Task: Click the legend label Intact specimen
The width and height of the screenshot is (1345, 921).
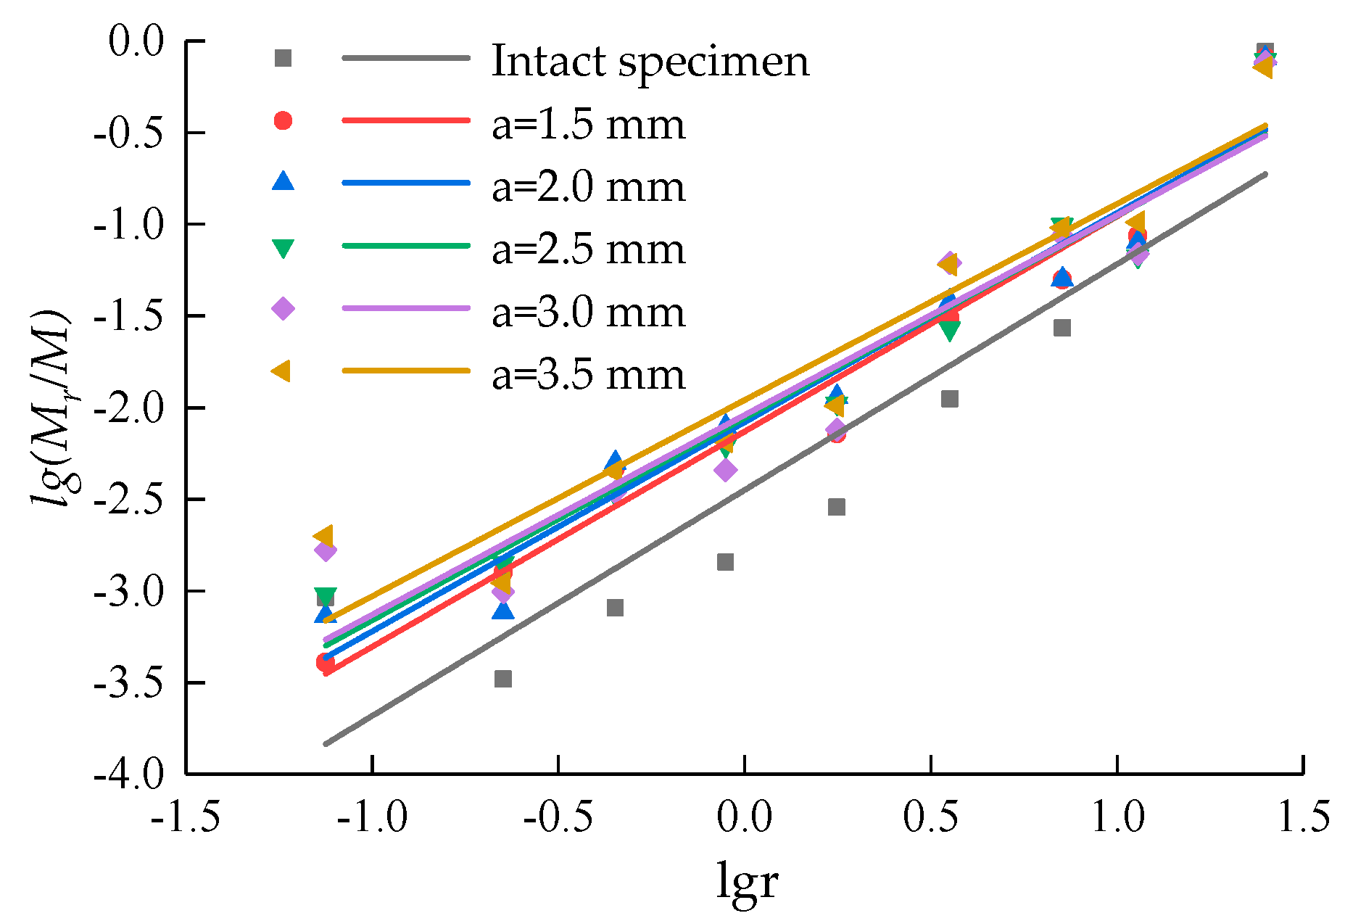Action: click(650, 61)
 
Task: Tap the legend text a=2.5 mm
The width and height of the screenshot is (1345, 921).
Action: click(588, 249)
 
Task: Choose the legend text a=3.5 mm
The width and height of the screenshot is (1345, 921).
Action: click(588, 374)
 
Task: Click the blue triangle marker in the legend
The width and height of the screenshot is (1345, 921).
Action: click(283, 181)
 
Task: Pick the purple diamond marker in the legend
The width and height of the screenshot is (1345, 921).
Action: click(283, 308)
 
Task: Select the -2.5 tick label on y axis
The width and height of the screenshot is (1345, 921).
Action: click(129, 499)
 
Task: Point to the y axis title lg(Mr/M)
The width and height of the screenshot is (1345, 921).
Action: click(51, 407)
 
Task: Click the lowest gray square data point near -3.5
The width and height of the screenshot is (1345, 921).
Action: click(502, 679)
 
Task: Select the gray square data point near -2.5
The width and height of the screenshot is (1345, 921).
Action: click(836, 507)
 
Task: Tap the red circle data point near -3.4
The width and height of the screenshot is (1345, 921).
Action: click(325, 662)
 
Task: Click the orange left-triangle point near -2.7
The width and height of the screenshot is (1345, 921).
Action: click(323, 536)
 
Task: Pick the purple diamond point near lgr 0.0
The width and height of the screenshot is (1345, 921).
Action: click(725, 470)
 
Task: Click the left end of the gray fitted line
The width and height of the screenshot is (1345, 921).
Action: click(326, 743)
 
